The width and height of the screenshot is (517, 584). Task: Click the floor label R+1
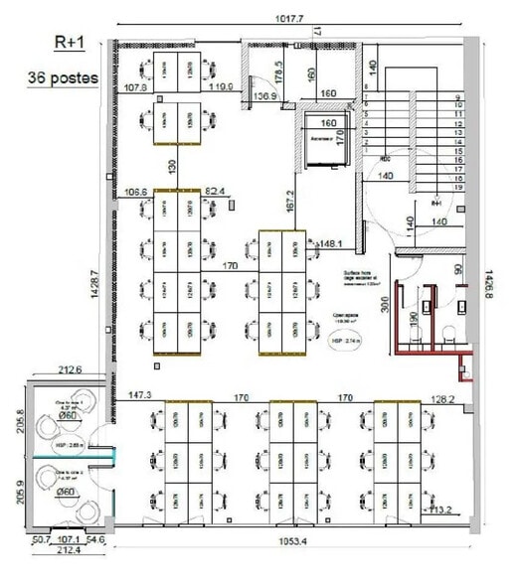[x=70, y=44]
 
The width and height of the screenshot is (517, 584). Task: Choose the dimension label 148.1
[x=331, y=242]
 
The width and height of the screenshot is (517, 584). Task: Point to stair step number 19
[x=458, y=187]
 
